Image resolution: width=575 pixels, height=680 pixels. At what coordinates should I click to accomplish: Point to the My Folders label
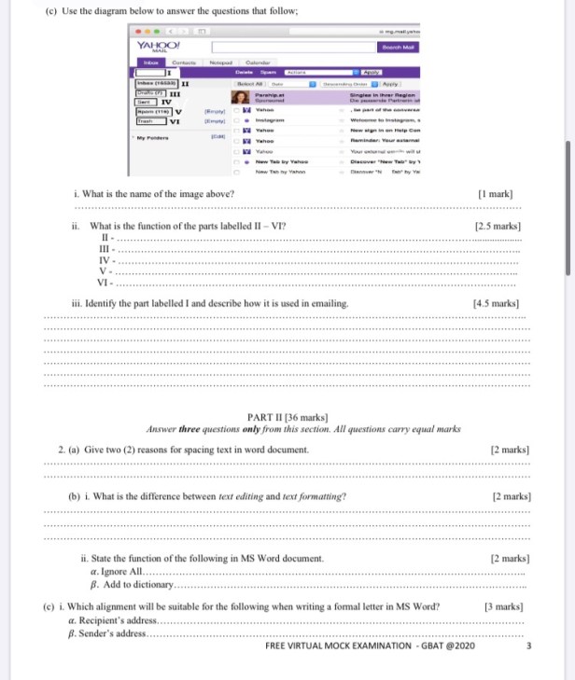point(151,137)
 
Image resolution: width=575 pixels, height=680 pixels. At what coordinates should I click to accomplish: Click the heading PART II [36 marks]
point(286,416)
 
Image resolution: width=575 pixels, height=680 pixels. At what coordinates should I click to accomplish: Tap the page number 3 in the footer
point(529,646)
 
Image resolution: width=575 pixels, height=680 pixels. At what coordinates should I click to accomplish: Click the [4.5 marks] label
point(496,303)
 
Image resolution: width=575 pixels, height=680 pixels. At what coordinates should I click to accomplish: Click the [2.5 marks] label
point(498,226)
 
